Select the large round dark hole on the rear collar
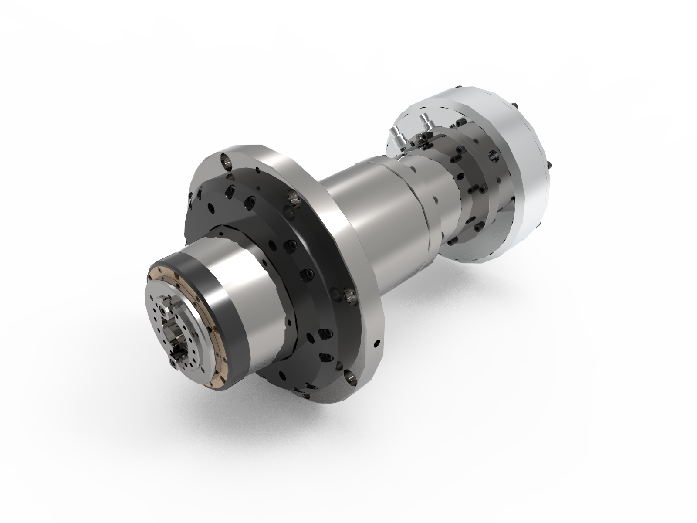pyautogui.click(x=494, y=155)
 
